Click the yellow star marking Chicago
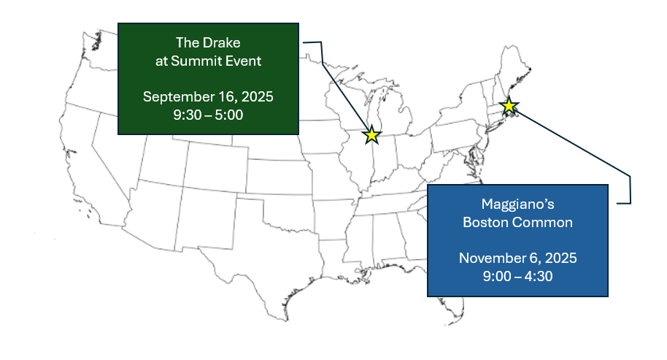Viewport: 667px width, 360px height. pyautogui.click(x=371, y=135)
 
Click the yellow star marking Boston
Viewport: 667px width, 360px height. pyautogui.click(x=509, y=106)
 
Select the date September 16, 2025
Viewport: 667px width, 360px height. pyautogui.click(x=208, y=96)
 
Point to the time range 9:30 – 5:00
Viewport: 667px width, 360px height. pyautogui.click(x=208, y=115)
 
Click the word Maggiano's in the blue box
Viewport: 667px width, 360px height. pyautogui.click(x=517, y=204)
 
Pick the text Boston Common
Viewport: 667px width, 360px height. pyautogui.click(x=517, y=222)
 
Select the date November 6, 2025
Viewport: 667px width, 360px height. pyautogui.click(x=517, y=258)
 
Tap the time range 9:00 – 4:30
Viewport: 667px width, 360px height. pyautogui.click(x=517, y=276)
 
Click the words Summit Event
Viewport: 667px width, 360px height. pyautogui.click(x=216, y=61)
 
